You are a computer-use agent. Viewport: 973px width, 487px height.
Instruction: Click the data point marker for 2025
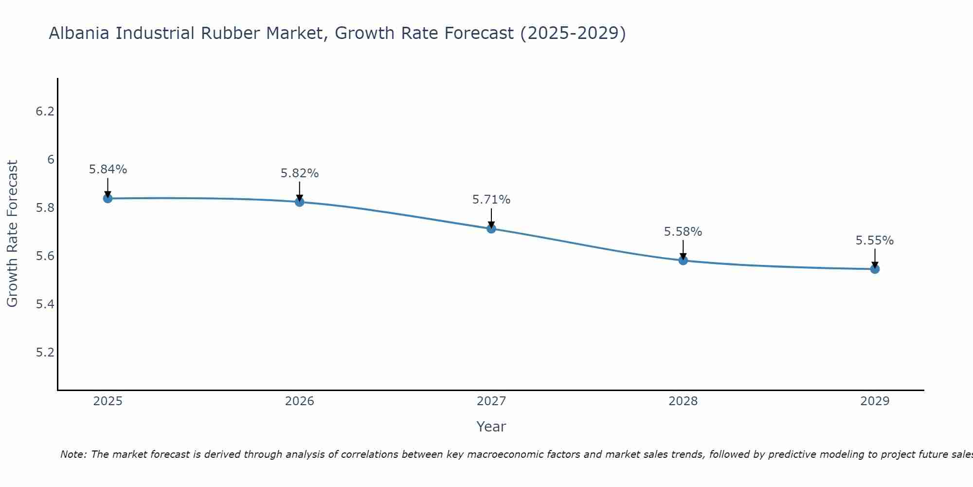click(108, 198)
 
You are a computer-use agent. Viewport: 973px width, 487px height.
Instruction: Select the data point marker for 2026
click(300, 202)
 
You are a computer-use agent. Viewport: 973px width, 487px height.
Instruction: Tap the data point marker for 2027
click(491, 228)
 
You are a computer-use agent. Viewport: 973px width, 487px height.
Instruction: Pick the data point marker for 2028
click(683, 260)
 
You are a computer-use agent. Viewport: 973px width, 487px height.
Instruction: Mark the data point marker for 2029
click(875, 269)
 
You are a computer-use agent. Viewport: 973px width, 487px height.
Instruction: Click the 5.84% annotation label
click(108, 169)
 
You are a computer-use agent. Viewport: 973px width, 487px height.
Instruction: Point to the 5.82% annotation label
click(300, 173)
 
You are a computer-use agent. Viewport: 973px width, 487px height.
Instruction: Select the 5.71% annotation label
click(491, 200)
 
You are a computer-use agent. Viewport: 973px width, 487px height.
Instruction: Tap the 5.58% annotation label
click(683, 232)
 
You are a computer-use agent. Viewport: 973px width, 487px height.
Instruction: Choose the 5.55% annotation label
click(875, 241)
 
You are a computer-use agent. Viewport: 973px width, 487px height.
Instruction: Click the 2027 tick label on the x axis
click(491, 401)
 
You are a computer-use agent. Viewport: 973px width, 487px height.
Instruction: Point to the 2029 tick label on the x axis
click(875, 401)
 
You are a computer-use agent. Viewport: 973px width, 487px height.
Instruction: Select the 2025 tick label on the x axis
click(108, 401)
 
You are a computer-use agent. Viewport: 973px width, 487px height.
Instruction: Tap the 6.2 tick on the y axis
click(45, 112)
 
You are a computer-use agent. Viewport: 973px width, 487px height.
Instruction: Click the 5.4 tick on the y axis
click(45, 304)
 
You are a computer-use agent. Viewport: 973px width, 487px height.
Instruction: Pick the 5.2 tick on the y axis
click(45, 353)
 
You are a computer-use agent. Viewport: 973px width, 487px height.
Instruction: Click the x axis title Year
click(491, 427)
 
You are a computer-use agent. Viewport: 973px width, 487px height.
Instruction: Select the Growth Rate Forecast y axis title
click(12, 234)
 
